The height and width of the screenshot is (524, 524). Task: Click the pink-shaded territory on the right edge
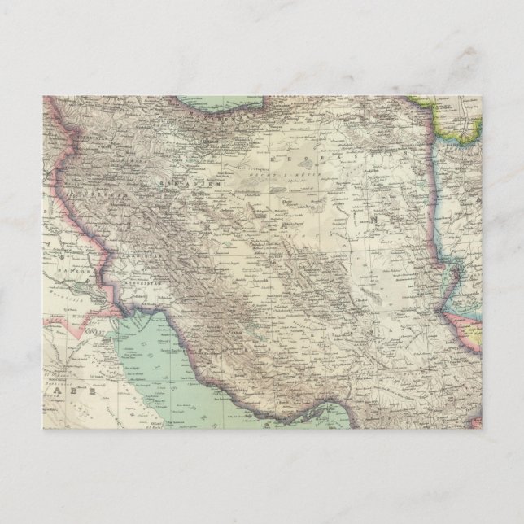[476, 325]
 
